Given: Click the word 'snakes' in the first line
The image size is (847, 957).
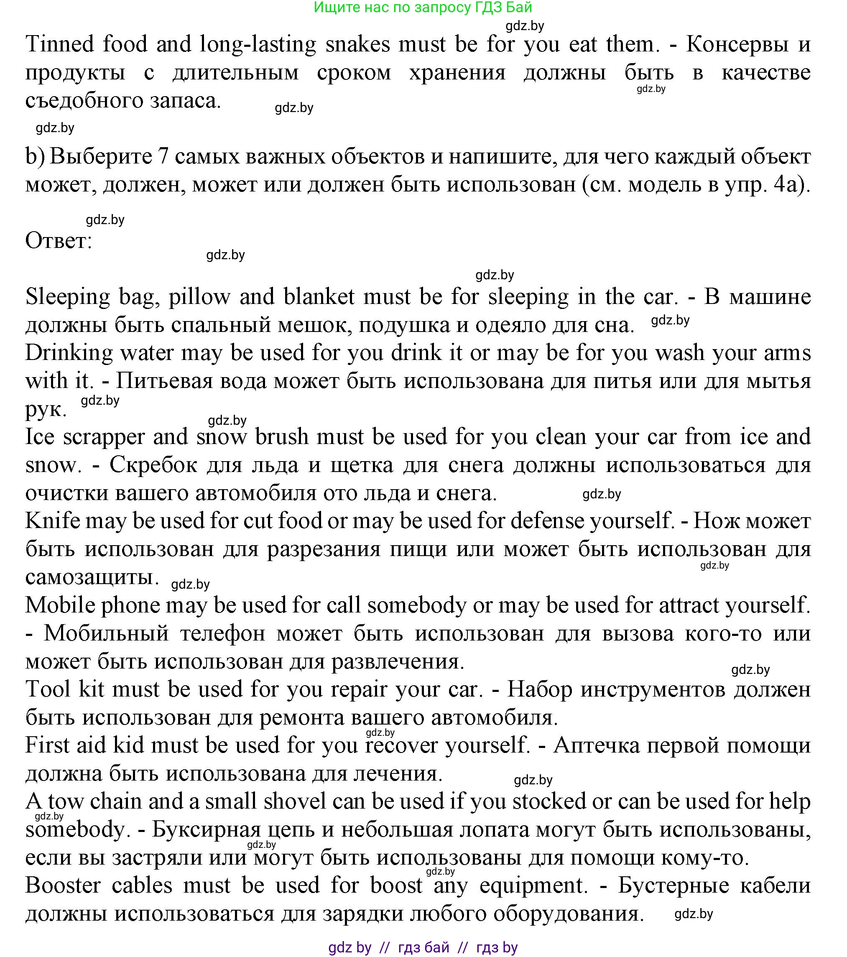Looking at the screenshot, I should [354, 44].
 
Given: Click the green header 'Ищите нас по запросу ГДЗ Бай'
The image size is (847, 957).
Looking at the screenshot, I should [423, 7].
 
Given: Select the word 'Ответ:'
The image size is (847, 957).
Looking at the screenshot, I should [59, 242].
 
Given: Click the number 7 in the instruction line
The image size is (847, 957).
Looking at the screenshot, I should [163, 157].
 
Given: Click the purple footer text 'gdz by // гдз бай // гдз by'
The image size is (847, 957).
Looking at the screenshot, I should [423, 948].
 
